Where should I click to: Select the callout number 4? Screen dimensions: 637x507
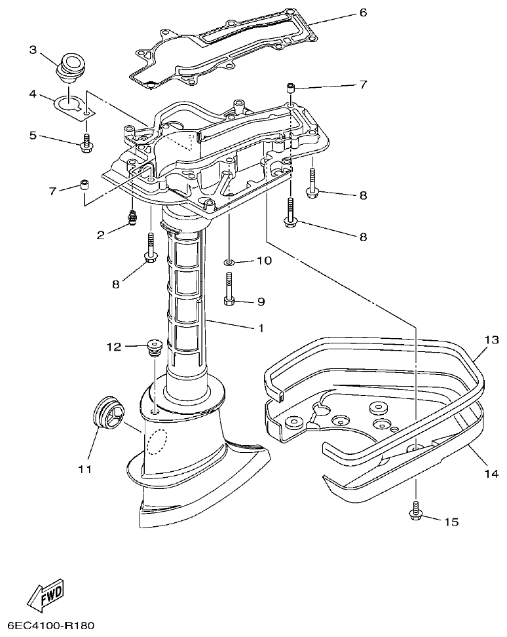click(x=33, y=94)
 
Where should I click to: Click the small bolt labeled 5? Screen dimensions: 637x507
click(x=85, y=144)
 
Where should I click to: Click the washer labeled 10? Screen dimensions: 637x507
click(x=229, y=262)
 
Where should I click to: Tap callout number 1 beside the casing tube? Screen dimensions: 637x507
click(x=260, y=328)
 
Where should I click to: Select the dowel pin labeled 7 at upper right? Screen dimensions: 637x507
click(x=291, y=87)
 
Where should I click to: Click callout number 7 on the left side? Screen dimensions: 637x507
click(x=52, y=191)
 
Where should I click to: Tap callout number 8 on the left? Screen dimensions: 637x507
click(x=116, y=284)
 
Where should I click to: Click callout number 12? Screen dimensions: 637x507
click(x=115, y=347)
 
